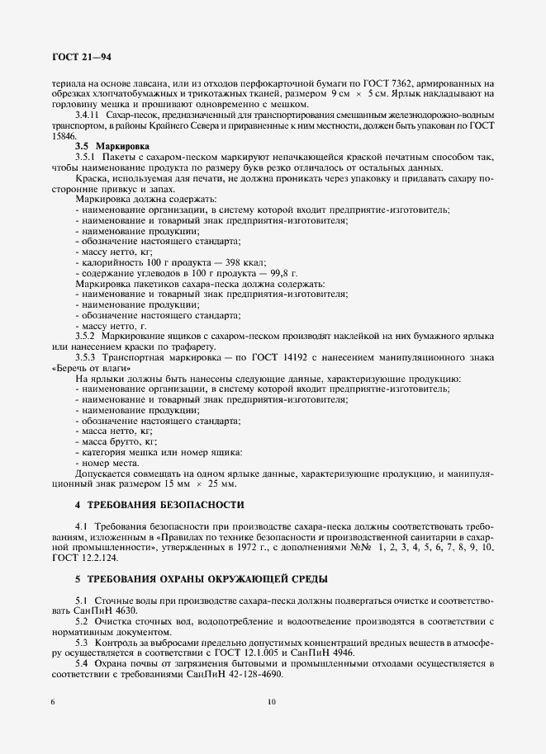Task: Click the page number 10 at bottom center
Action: pyautogui.click(x=272, y=725)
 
